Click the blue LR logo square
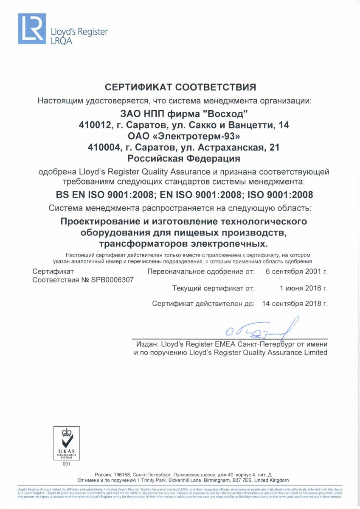coord(31,29)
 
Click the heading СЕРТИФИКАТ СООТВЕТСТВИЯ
coord(180,88)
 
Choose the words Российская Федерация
coord(184,159)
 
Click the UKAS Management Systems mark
coord(66,443)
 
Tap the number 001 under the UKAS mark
coord(66,464)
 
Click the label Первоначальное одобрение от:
coord(201,271)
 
